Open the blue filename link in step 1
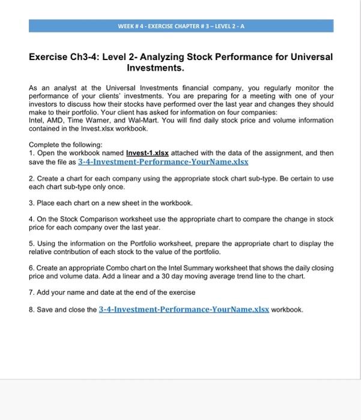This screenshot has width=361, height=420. (163, 161)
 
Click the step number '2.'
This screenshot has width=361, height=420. (32, 179)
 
